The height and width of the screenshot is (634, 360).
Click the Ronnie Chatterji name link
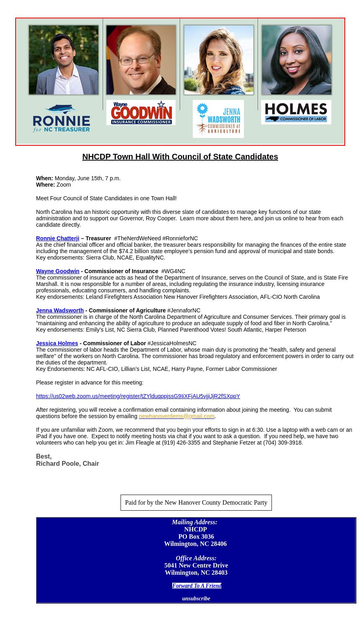coord(58,238)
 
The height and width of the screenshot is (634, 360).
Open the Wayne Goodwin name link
coord(58,271)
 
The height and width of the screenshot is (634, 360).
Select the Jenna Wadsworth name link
coord(60,310)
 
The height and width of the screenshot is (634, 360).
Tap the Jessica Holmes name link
coord(57,343)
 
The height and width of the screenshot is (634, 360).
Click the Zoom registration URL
coord(138,396)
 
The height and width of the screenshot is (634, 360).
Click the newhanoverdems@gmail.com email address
coord(176,416)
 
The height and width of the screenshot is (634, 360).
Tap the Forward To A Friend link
coord(197,586)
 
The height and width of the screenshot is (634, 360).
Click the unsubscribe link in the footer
coord(196,598)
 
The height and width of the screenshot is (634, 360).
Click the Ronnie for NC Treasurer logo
coord(61,119)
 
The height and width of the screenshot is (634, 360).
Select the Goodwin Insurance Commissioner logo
coord(141,113)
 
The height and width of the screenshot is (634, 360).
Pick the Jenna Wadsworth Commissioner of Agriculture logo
coord(218,119)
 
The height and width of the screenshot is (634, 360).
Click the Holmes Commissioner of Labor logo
coord(296,112)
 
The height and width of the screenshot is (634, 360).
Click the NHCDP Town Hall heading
coord(180,157)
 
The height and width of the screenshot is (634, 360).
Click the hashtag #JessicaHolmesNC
coord(172,343)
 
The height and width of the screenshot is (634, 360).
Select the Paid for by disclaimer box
coord(196,503)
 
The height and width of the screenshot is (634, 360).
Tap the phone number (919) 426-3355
coord(181,443)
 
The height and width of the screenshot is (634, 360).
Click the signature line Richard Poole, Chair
coord(67,463)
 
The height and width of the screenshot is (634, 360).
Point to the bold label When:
coord(44,178)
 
